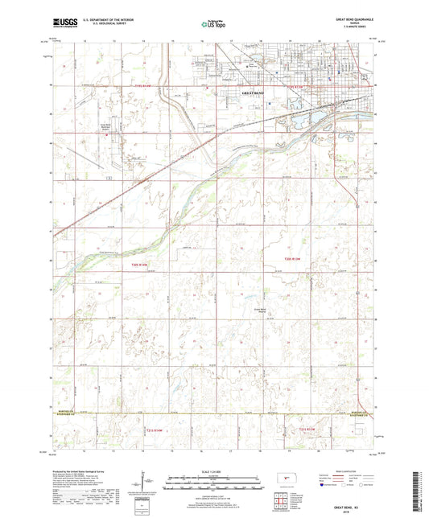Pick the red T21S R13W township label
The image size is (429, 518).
tap(310, 430)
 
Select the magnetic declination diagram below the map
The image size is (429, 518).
tap(147, 483)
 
